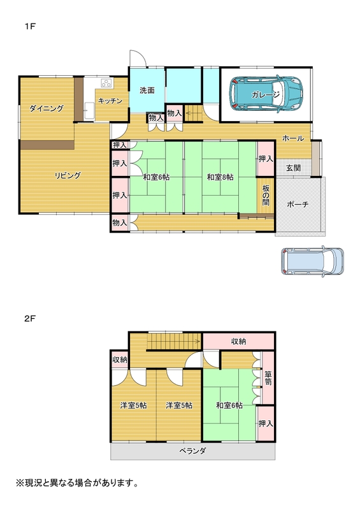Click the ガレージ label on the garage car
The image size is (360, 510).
265,95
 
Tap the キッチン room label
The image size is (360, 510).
110,101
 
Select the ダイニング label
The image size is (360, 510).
47,108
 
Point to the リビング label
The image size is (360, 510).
68,176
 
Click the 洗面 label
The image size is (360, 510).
147,91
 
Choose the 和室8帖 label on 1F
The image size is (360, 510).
220,177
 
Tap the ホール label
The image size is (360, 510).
293,138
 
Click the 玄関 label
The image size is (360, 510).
293,168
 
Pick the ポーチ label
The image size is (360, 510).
298,205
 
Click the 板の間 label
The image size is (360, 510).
266,195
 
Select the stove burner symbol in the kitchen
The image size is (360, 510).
106,84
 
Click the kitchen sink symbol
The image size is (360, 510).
89,111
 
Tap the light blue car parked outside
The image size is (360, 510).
312,261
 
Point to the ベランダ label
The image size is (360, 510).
192,451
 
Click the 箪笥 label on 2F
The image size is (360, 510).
268,378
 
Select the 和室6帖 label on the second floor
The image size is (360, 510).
229,405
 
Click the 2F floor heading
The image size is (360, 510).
30,319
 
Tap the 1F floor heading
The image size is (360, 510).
30,26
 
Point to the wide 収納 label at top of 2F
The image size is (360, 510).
238,341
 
